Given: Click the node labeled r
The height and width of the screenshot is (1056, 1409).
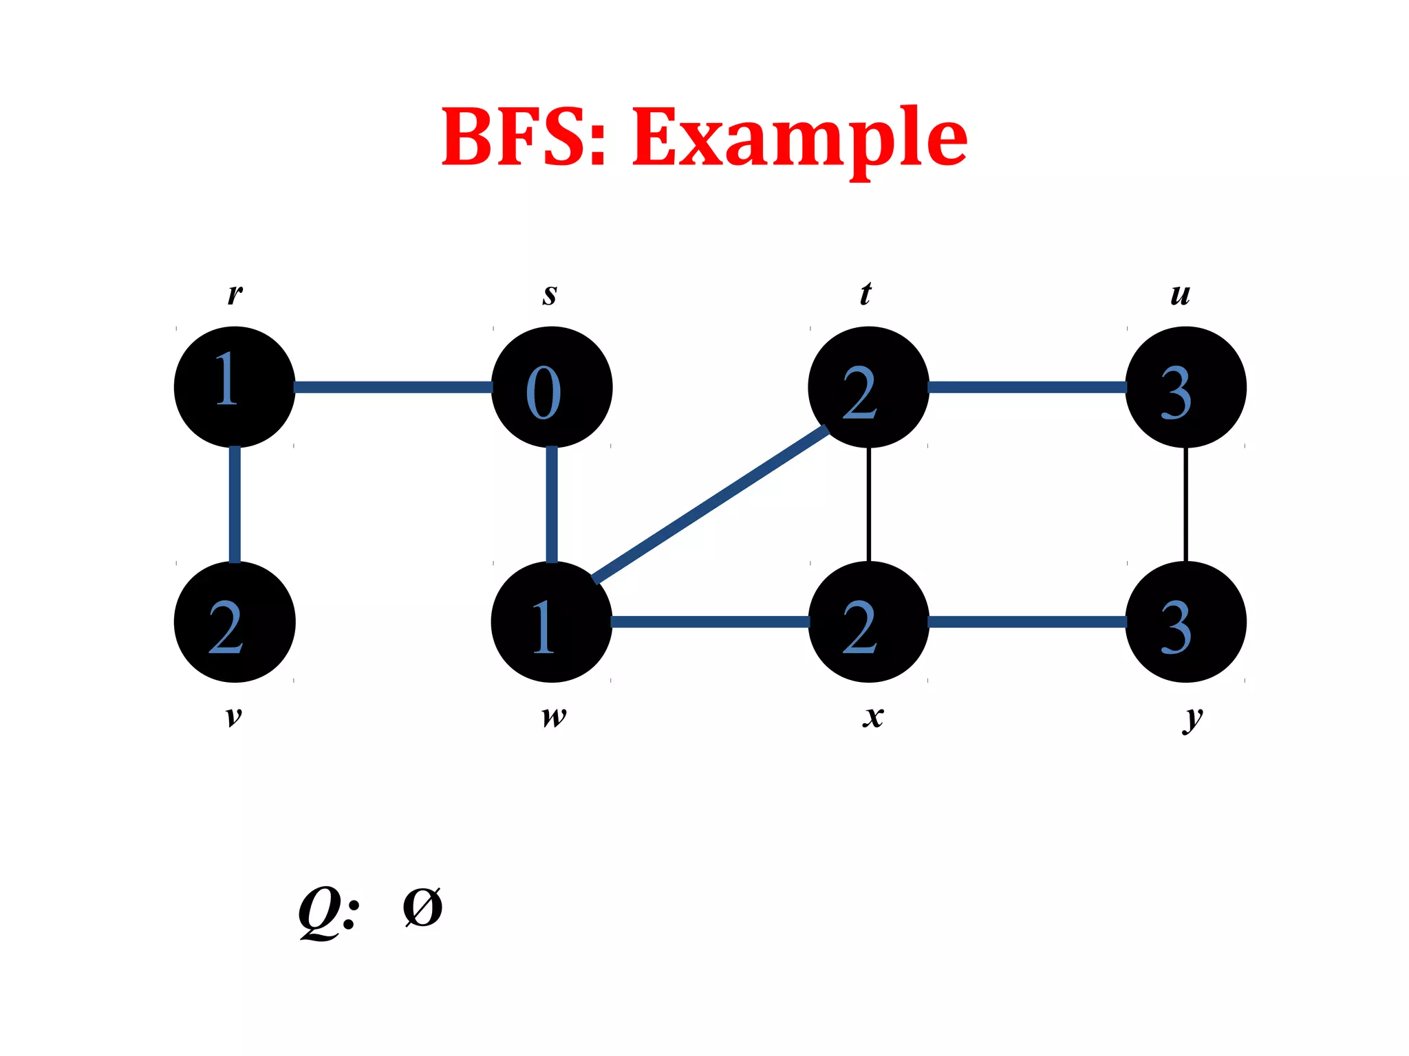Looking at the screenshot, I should (x=235, y=387).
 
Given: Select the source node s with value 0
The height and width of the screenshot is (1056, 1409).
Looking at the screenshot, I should (x=552, y=387).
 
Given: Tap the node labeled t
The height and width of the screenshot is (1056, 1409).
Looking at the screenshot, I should (x=868, y=387).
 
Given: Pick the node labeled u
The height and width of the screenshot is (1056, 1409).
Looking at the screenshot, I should (x=1185, y=387).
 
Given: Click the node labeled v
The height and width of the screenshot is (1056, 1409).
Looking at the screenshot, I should (x=235, y=622).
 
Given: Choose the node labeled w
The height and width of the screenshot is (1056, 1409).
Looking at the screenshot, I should (x=552, y=622).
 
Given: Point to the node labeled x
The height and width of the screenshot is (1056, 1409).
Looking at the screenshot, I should (x=868, y=622).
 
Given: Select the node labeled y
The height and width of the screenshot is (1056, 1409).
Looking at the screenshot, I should (x=1185, y=622).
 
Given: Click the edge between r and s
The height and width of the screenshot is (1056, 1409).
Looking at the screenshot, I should (x=393, y=387).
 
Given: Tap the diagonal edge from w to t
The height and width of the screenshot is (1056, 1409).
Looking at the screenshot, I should (x=710, y=505).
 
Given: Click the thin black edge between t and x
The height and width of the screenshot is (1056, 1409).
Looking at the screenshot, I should (x=869, y=505).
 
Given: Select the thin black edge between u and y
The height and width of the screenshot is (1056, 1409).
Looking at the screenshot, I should (x=1185, y=505).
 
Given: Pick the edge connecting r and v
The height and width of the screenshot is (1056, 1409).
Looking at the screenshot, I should (x=235, y=505).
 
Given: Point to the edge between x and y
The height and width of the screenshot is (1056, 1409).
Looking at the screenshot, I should (x=1026, y=622).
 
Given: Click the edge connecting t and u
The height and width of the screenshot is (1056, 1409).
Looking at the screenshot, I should (x=1026, y=387).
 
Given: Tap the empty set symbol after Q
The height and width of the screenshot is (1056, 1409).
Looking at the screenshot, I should (x=422, y=907).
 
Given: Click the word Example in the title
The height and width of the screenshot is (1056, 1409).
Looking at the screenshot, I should (x=799, y=137).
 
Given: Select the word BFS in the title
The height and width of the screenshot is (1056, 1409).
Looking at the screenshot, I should (x=516, y=137).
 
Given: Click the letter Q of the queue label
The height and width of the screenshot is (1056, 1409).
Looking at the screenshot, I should (x=320, y=911).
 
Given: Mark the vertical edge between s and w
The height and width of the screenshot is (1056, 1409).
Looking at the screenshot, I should (x=552, y=505).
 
